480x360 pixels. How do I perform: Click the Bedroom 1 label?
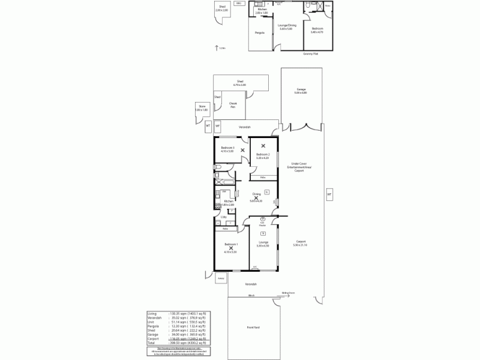click(x=231, y=245)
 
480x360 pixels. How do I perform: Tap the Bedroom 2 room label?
click(x=263, y=155)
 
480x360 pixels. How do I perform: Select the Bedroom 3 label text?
click(x=227, y=148)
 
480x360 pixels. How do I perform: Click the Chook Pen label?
click(x=233, y=104)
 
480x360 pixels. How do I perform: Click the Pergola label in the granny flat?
click(x=260, y=32)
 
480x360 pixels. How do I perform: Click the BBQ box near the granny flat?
click(x=239, y=4)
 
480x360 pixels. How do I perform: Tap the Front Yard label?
click(x=253, y=327)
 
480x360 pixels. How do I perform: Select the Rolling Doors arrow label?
click(x=289, y=293)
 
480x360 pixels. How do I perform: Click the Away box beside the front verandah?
click(x=221, y=278)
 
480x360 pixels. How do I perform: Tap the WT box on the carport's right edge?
click(x=329, y=194)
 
